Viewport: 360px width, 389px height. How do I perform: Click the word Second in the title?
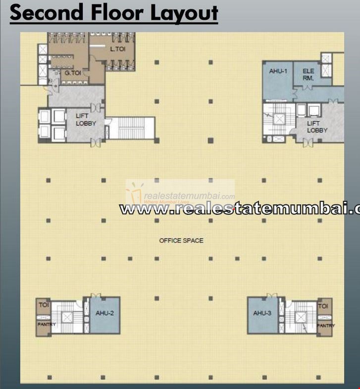click(x=43, y=13)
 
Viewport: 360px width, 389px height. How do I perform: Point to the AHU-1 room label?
click(x=278, y=71)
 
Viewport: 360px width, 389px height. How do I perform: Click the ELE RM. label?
click(x=309, y=74)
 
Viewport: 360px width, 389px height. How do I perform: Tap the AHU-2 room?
click(x=105, y=313)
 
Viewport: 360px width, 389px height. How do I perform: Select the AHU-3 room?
click(x=262, y=313)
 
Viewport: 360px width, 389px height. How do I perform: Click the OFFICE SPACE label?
click(x=181, y=241)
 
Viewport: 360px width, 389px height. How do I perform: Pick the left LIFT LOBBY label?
click(x=86, y=119)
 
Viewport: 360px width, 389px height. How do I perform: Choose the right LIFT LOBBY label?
click(x=317, y=127)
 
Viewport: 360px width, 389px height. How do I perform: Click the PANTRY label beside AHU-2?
click(x=47, y=325)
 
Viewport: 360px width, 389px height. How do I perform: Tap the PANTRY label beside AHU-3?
click(x=326, y=326)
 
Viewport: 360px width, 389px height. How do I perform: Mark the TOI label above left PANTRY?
click(x=44, y=305)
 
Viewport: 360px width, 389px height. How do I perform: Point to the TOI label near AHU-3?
click(x=323, y=306)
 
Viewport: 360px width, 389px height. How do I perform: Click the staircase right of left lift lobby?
click(x=131, y=128)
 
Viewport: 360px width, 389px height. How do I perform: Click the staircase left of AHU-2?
click(x=67, y=316)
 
